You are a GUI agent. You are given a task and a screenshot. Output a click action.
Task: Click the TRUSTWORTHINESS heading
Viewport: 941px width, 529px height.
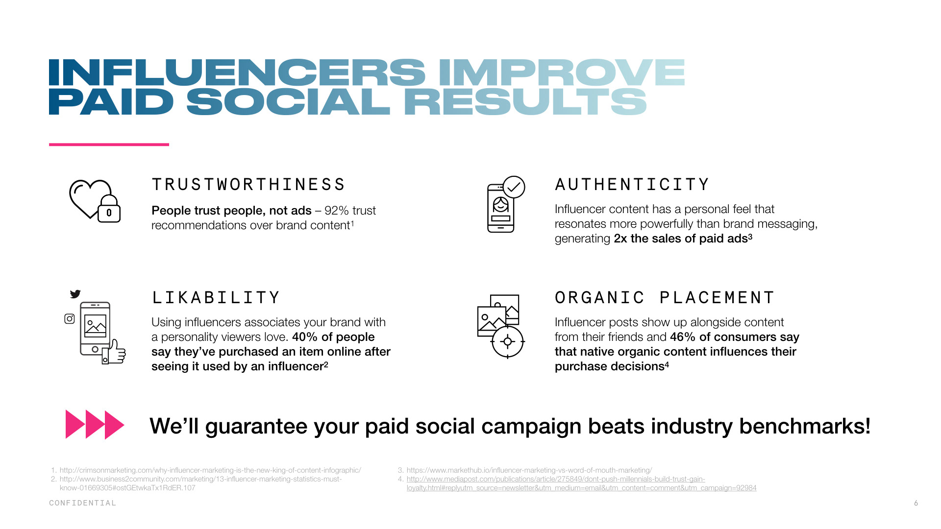click(x=248, y=185)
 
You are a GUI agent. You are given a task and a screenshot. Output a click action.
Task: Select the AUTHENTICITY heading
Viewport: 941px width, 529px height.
click(x=632, y=185)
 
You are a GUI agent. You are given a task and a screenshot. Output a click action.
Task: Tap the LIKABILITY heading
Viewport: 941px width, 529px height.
click(x=216, y=298)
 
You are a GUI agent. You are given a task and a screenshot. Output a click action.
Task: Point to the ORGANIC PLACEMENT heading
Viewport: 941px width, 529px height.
click(x=665, y=298)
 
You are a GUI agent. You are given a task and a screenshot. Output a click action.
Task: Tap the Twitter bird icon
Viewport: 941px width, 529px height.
click(x=75, y=294)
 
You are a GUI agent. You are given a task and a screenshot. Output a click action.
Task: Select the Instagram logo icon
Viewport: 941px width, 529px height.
click(x=70, y=319)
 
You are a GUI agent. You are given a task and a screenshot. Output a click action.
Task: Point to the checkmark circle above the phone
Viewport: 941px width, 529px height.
click(x=514, y=187)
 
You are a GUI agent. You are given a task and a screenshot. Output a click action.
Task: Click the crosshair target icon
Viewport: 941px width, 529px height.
click(x=508, y=342)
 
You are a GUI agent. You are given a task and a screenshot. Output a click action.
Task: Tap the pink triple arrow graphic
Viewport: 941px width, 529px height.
click(x=95, y=425)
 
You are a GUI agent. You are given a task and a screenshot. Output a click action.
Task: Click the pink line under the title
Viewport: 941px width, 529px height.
click(x=109, y=144)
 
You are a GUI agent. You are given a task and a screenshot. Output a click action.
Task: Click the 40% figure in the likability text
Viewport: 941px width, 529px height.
click(x=305, y=337)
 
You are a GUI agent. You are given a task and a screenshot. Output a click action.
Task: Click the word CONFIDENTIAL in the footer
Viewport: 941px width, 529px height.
click(x=82, y=503)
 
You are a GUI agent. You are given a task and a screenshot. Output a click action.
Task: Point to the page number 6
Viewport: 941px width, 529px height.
click(x=916, y=503)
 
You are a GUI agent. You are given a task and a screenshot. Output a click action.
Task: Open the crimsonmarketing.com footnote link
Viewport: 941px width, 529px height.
click(x=210, y=470)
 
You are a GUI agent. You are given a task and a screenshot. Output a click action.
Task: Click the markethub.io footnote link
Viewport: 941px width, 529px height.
click(x=529, y=470)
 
